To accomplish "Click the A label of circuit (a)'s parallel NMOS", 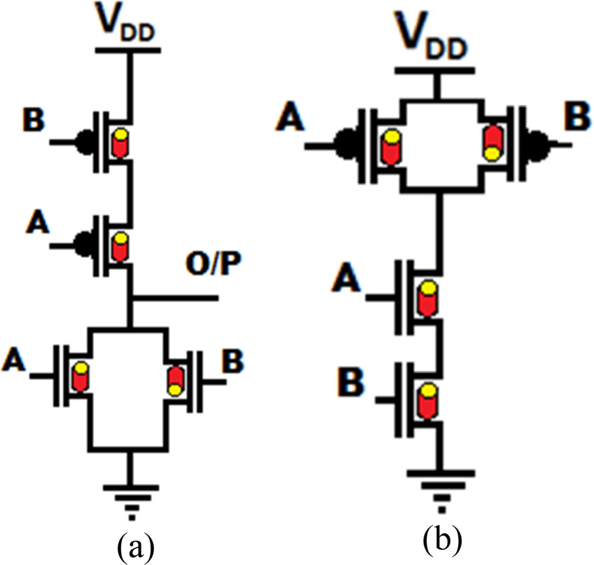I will coord(14,359).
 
